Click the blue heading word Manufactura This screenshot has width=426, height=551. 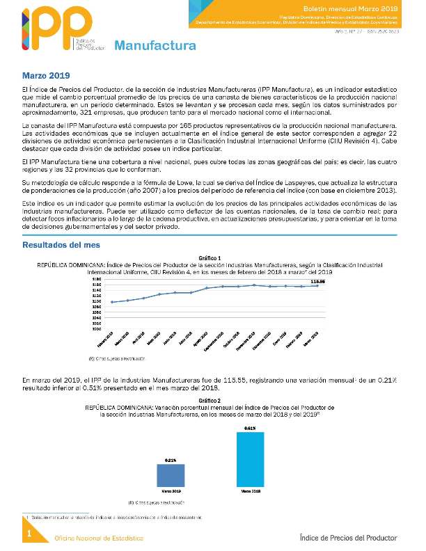click(155, 47)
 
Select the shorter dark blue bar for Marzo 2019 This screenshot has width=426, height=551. click(170, 475)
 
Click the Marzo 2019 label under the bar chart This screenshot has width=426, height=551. click(170, 492)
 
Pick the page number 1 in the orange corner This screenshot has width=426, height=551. click(29, 534)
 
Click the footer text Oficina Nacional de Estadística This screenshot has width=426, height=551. click(100, 538)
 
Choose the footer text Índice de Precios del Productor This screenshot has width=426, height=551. click(348, 538)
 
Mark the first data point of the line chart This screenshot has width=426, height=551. click(112, 302)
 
